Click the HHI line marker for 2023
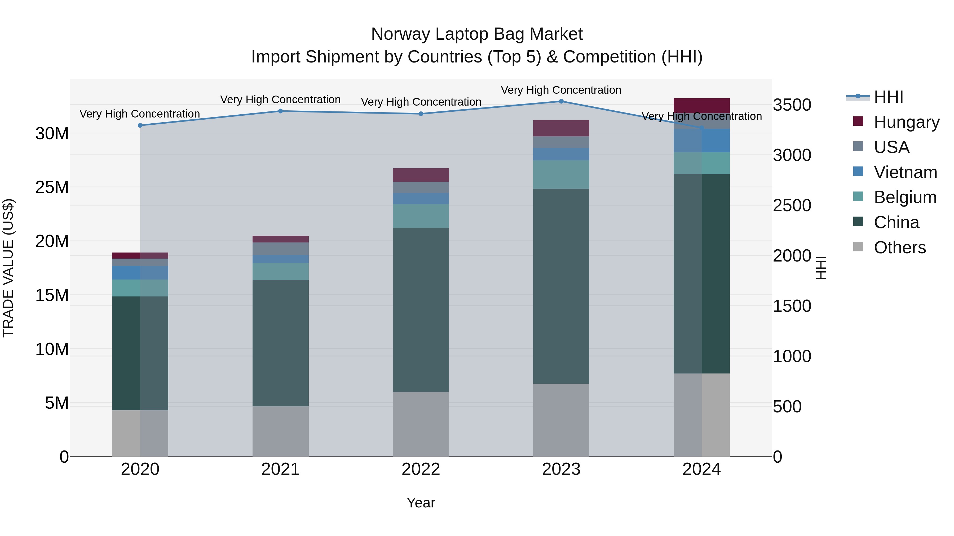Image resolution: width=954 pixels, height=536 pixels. [561, 101]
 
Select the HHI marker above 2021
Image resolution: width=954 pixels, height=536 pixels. [280, 111]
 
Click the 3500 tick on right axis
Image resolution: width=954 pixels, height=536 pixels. [792, 105]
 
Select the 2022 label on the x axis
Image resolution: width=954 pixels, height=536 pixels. [421, 469]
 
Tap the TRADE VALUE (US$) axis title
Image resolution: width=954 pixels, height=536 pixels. [8, 268]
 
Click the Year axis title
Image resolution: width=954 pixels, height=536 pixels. [421, 503]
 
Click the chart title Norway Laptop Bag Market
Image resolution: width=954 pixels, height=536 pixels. [477, 34]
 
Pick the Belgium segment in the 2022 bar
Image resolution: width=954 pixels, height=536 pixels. [421, 216]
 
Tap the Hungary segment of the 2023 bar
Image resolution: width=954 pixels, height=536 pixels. [561, 128]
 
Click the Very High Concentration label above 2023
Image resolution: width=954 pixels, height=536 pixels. [561, 90]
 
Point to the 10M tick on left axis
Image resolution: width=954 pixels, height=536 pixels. [52, 349]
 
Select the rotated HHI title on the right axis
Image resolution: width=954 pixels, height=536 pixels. [821, 268]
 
